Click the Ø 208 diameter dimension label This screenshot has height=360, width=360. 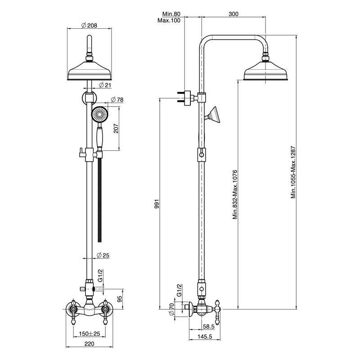click(x=89, y=25)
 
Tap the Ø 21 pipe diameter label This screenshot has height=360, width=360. click(x=105, y=85)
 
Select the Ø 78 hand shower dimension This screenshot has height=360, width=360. click(x=117, y=99)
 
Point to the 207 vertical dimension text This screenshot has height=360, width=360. click(x=116, y=129)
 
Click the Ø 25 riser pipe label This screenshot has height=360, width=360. click(x=103, y=255)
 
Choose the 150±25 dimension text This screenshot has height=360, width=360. click(x=90, y=333)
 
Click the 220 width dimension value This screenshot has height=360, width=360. click(x=89, y=343)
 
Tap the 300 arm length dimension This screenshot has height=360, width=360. click(x=234, y=14)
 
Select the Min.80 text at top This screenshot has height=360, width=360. click(x=171, y=14)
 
